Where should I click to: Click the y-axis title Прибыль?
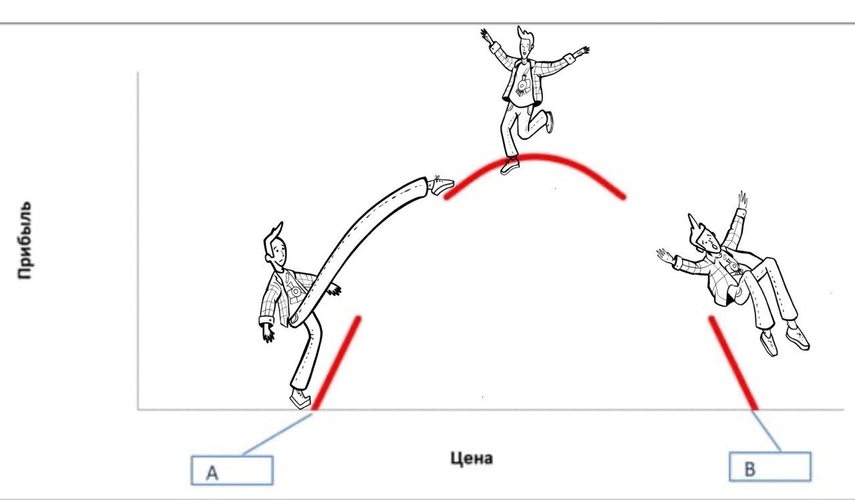[25, 240]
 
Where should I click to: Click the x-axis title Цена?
[472, 458]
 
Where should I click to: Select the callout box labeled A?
[232, 470]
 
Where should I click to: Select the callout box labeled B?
[770, 467]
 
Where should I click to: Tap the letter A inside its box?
[212, 473]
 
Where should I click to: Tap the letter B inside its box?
[750, 469]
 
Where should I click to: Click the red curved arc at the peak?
[534, 156]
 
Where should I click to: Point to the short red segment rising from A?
[336, 363]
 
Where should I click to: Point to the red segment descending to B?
[733, 363]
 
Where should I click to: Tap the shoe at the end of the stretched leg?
[441, 185]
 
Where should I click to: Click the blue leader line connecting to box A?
[278, 434]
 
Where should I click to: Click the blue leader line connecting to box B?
[766, 431]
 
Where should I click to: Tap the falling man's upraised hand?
[742, 200]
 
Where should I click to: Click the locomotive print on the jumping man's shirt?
[523, 85]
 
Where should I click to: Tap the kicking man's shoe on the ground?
[301, 399]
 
